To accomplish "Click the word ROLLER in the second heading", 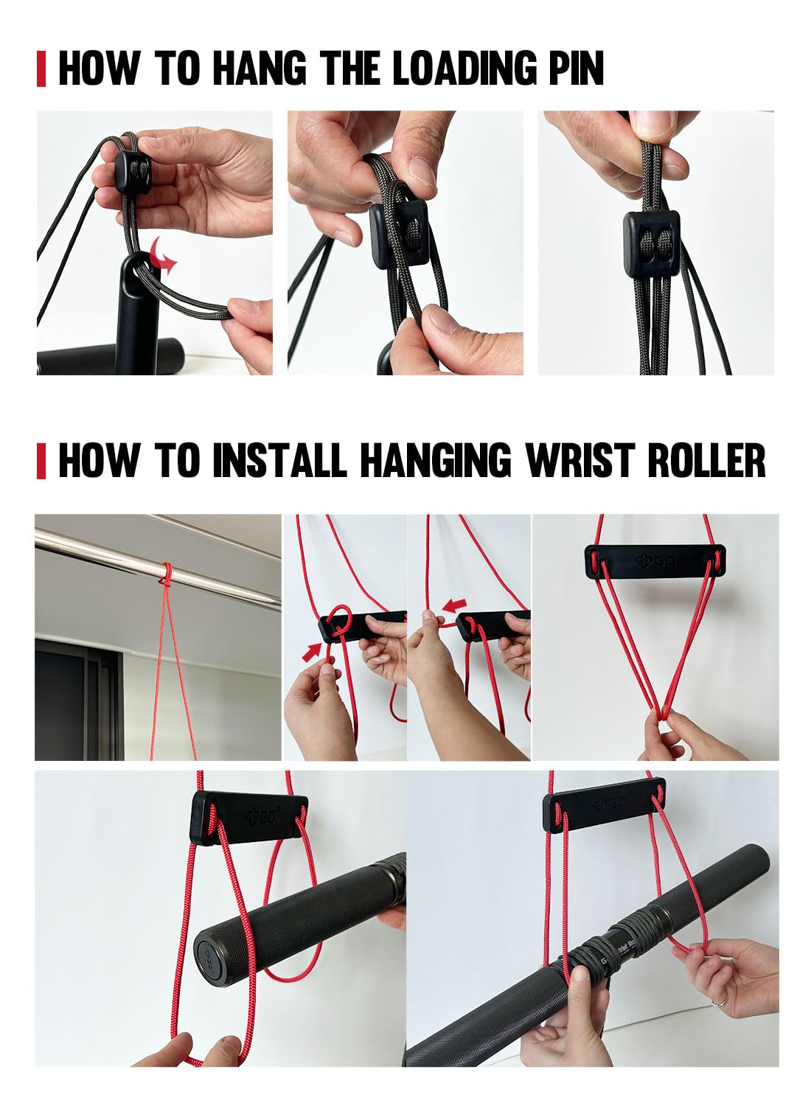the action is point(706,459).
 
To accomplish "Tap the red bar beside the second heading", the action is point(41,460).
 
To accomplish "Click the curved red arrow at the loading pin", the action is point(163,256).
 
